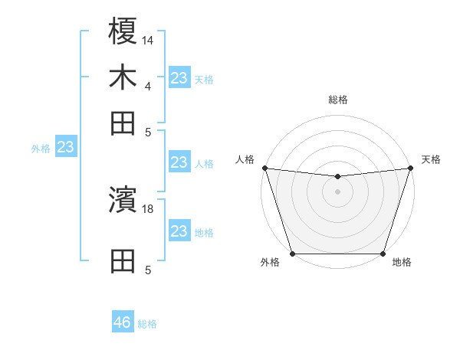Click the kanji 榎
pyautogui.click(x=123, y=31)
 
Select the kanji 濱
pyautogui.click(x=123, y=200)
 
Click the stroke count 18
pyautogui.click(x=148, y=208)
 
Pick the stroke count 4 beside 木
pyautogui.click(x=147, y=86)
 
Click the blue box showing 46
pyautogui.click(x=123, y=322)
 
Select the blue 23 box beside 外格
pyautogui.click(x=65, y=147)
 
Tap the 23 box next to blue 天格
pyautogui.click(x=179, y=78)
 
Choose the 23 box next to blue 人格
pyautogui.click(x=179, y=162)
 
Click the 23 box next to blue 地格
pyautogui.click(x=179, y=231)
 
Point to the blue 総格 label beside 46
pyautogui.click(x=147, y=324)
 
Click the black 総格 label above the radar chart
pyautogui.click(x=338, y=100)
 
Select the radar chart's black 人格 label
pyautogui.click(x=245, y=159)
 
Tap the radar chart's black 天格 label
pyautogui.click(x=431, y=159)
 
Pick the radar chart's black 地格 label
pyautogui.click(x=402, y=262)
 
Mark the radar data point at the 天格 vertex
pyautogui.click(x=411, y=168)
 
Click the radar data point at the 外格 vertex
pyautogui.click(x=292, y=254)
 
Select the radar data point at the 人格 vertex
pyautogui.click(x=264, y=168)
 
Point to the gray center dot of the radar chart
pyautogui.click(x=338, y=191)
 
